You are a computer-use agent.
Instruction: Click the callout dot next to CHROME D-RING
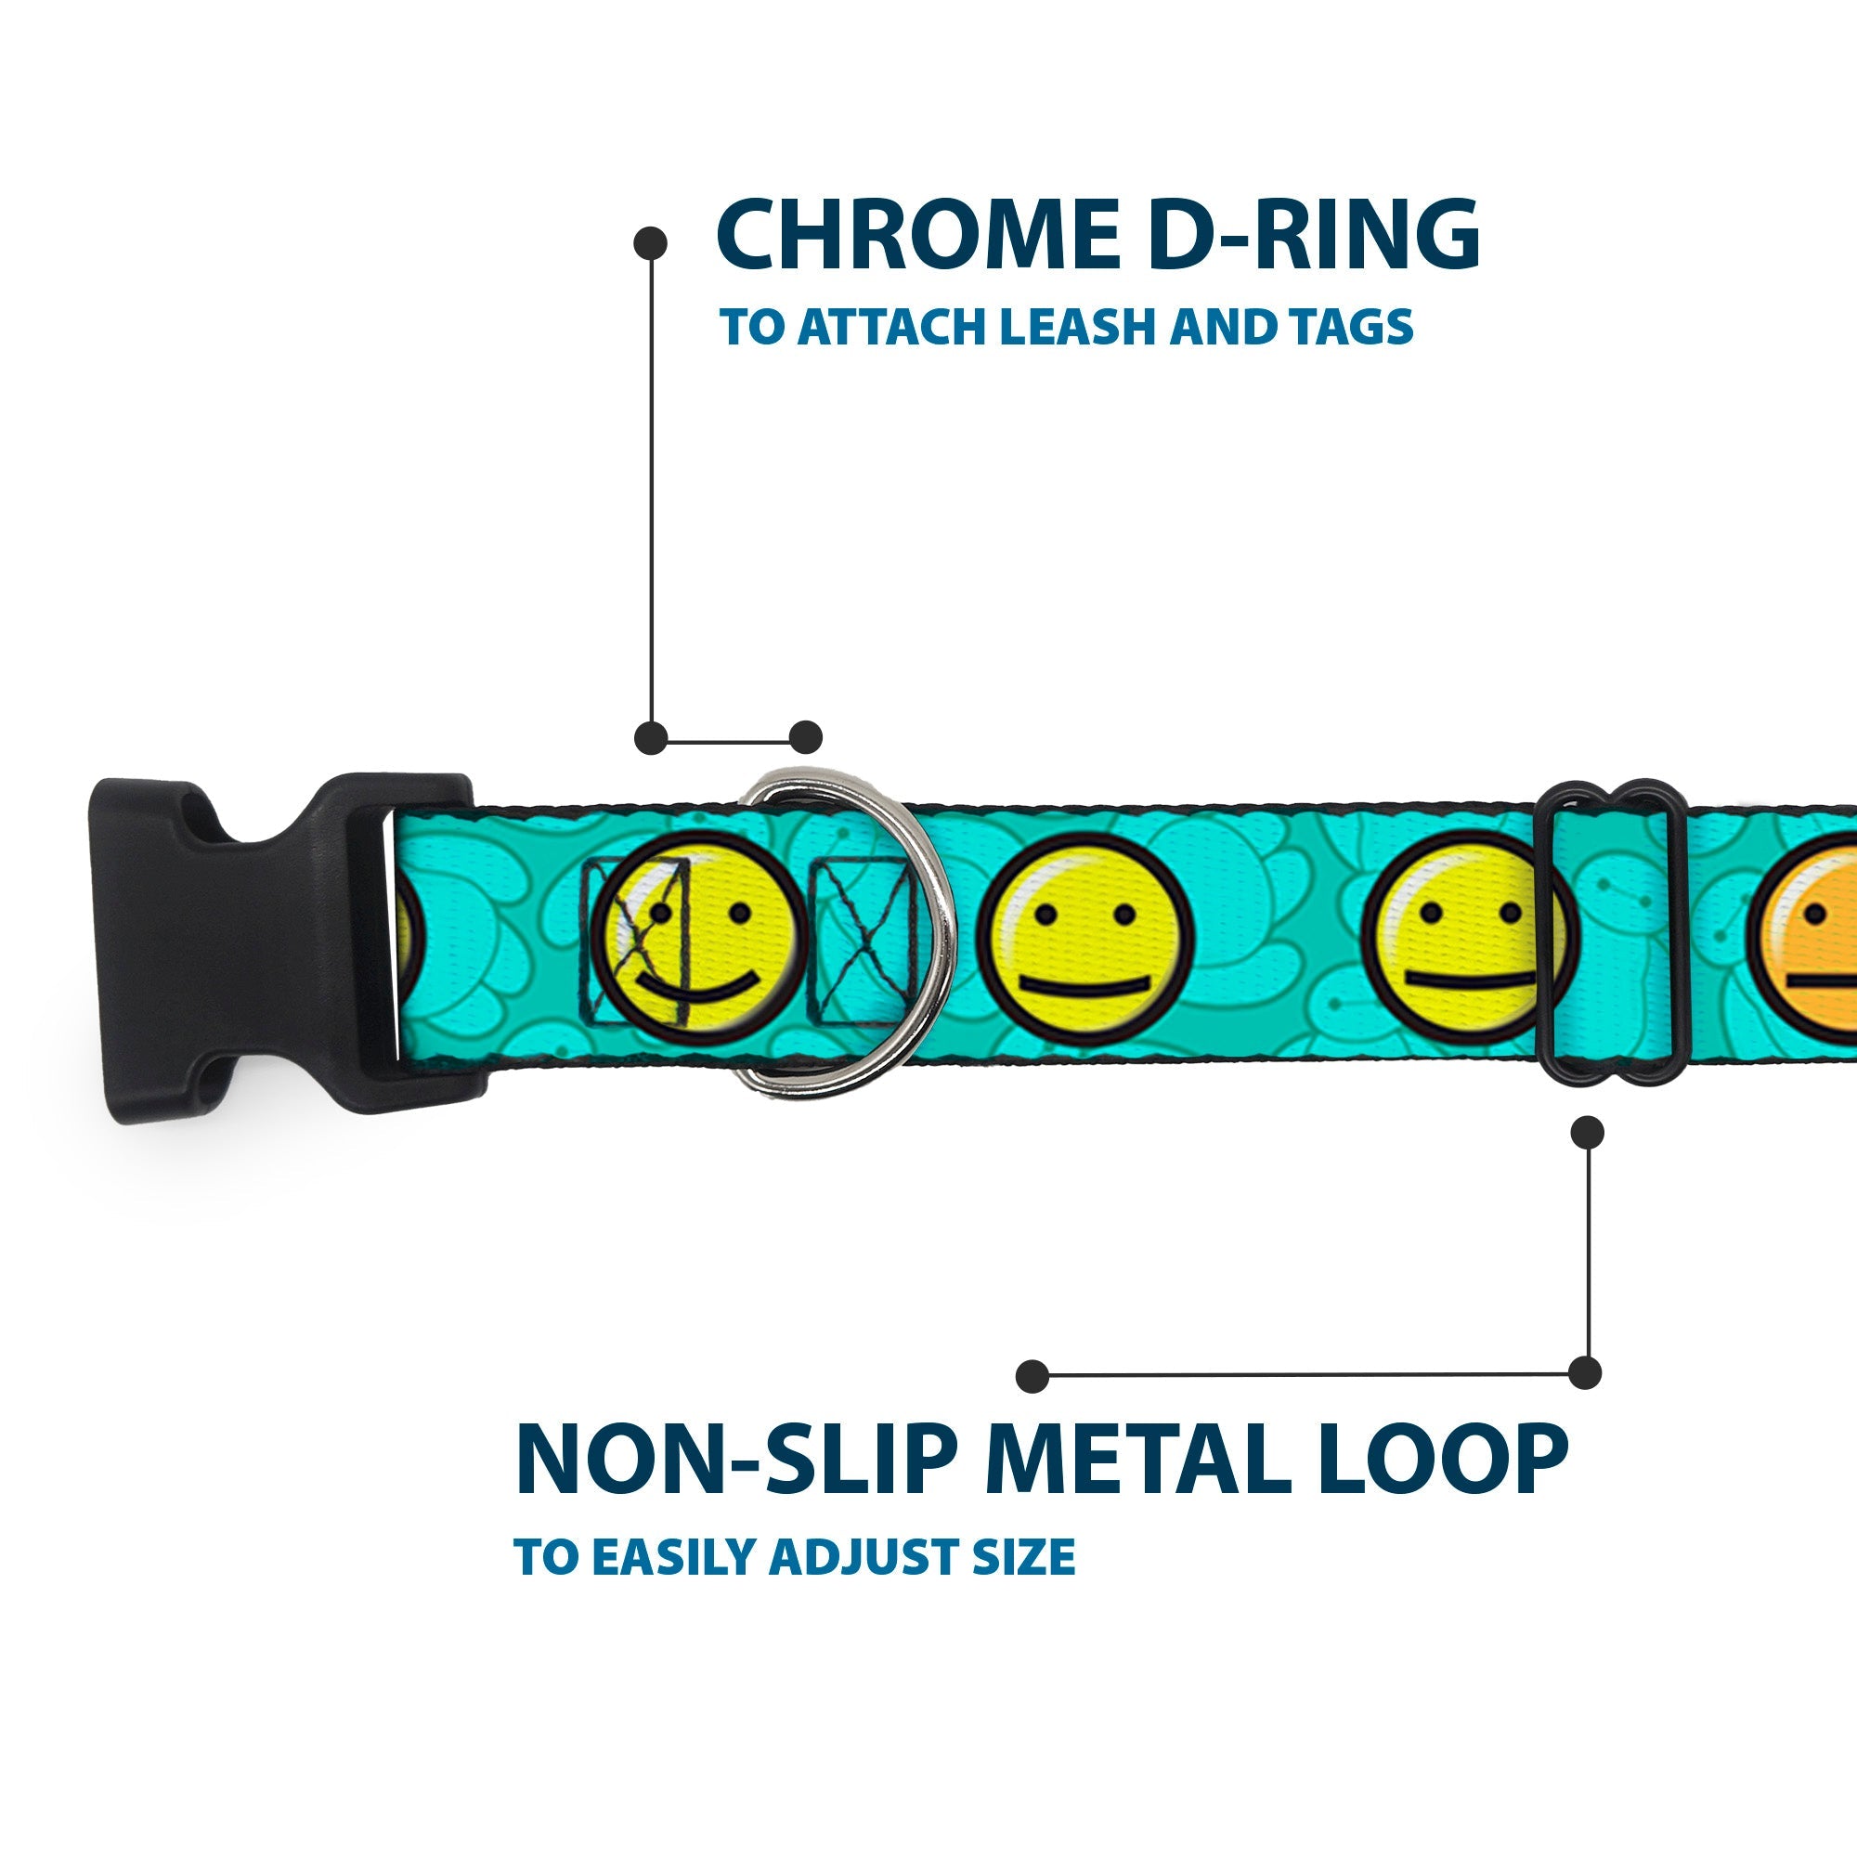point(651,243)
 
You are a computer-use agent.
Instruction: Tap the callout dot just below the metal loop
point(1587,1131)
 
